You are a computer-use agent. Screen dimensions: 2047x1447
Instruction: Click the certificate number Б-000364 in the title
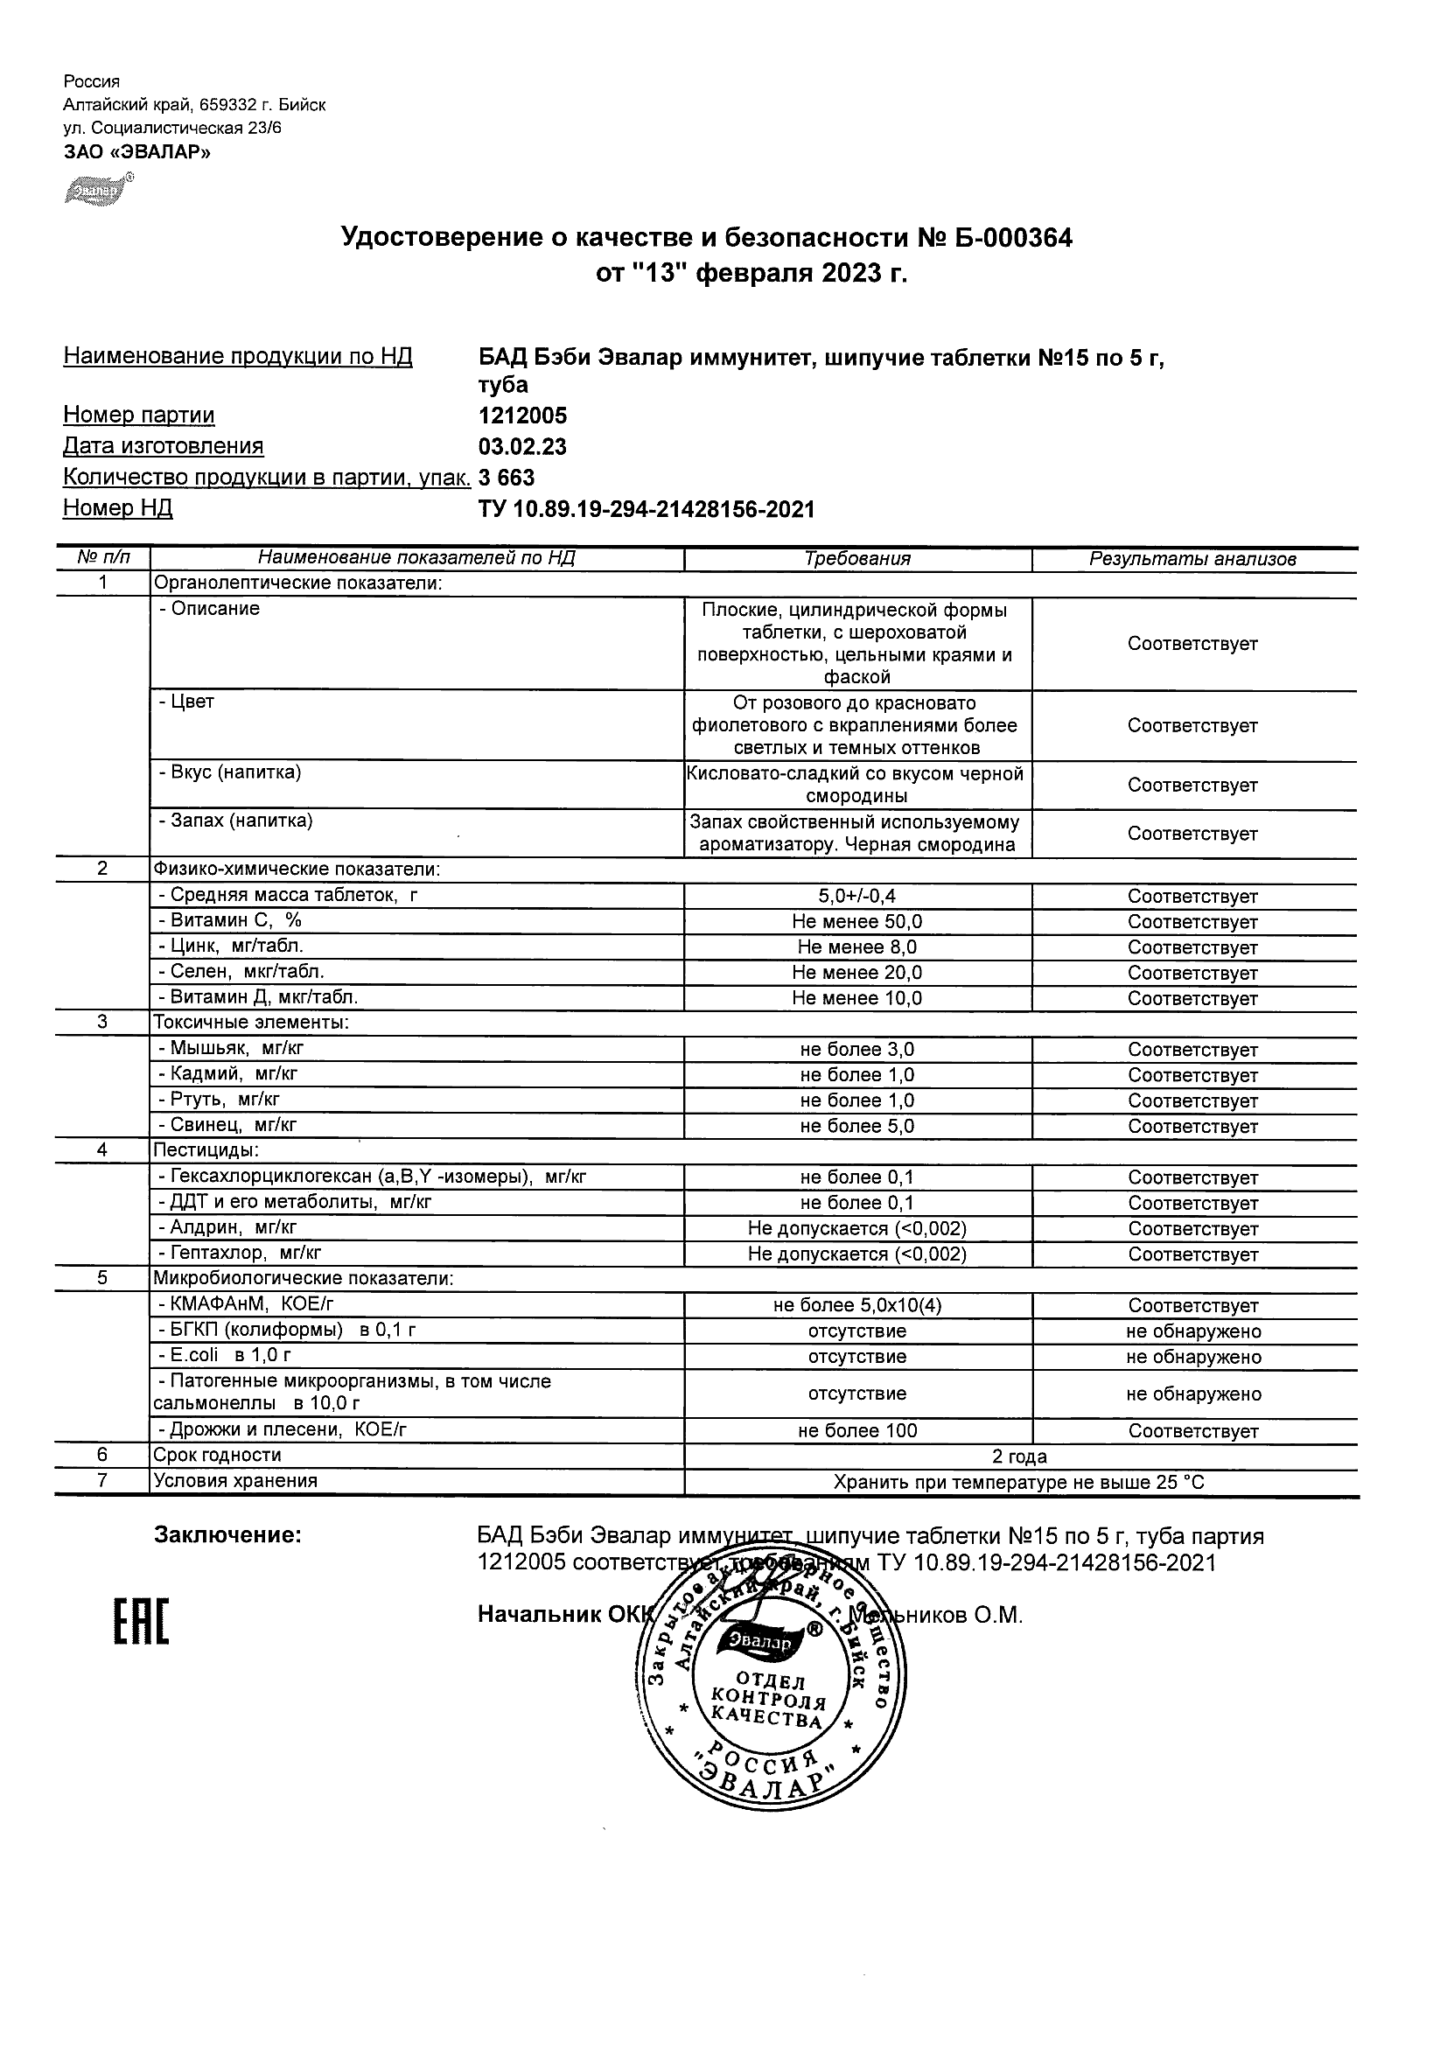pyautogui.click(x=1013, y=237)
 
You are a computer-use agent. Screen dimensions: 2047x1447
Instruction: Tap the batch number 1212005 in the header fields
pyautogui.click(x=522, y=416)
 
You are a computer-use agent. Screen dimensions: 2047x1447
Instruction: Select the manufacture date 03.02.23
pyautogui.click(x=522, y=447)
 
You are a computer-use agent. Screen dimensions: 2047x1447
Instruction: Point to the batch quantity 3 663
pyautogui.click(x=507, y=478)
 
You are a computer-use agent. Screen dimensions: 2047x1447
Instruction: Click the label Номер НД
pyautogui.click(x=118, y=508)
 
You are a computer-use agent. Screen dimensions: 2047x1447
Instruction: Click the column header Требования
pyautogui.click(x=856, y=559)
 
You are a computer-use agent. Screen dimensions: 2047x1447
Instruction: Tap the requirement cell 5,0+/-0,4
pyautogui.click(x=856, y=896)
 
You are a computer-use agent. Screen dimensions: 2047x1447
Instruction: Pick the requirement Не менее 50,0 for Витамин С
pyautogui.click(x=856, y=922)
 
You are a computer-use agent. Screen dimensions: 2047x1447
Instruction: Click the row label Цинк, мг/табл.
pyautogui.click(x=236, y=947)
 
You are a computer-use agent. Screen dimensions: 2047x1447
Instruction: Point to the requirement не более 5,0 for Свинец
pyautogui.click(x=856, y=1126)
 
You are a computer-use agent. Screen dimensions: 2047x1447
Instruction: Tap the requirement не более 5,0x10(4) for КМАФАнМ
pyautogui.click(x=856, y=1305)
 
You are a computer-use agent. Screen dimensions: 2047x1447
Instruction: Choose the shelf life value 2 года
pyautogui.click(x=1019, y=1457)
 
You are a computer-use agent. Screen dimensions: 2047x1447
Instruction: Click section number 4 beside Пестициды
pyautogui.click(x=102, y=1150)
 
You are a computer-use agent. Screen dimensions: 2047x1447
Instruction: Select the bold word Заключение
pyautogui.click(x=228, y=1535)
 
